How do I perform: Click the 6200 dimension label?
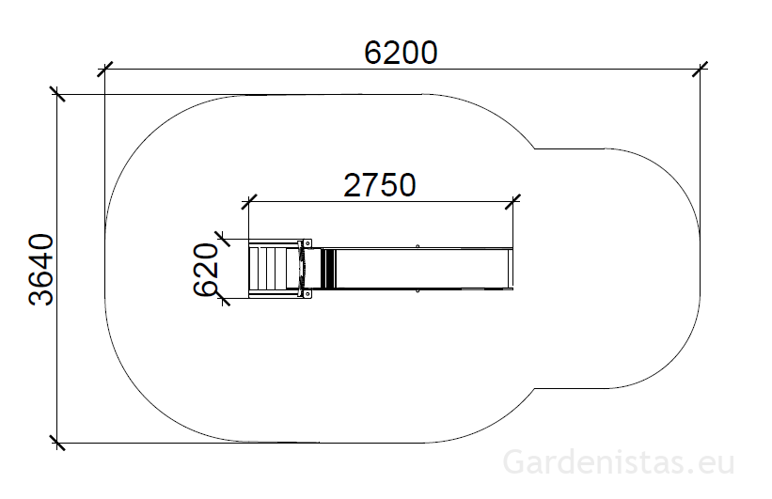(401, 53)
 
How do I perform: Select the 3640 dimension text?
(40, 270)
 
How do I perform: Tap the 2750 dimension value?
(380, 185)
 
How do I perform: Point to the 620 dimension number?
(206, 270)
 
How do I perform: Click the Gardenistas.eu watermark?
(619, 462)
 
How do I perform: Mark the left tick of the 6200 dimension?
(105, 70)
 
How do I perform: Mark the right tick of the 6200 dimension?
(700, 70)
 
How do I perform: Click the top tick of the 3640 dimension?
(57, 94)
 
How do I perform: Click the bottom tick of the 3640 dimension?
(57, 443)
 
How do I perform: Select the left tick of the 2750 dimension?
(249, 202)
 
